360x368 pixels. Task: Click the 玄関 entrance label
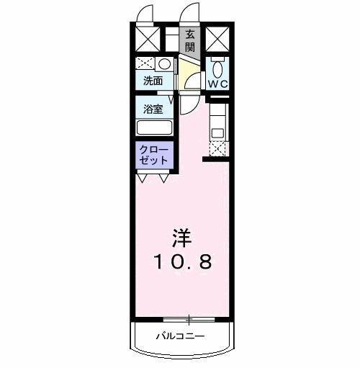tap(190, 40)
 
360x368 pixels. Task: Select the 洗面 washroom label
tap(152, 82)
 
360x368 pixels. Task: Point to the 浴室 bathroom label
tap(152, 110)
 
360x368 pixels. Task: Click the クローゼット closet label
tap(154, 154)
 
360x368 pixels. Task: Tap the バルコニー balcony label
tap(181, 336)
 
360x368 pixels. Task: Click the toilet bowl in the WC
tap(217, 68)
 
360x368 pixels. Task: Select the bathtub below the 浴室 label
tap(154, 129)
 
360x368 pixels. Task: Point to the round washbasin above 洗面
tap(165, 63)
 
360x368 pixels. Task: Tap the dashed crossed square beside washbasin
tap(146, 63)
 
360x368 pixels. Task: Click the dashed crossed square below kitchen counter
tap(217, 148)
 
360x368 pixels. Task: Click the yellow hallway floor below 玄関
tap(189, 73)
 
